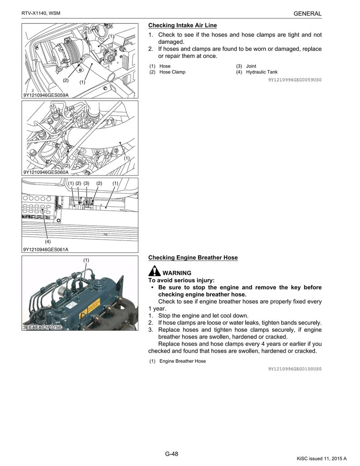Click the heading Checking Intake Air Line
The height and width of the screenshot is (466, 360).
[x=182, y=25]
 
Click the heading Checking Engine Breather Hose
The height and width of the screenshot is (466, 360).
[x=193, y=257]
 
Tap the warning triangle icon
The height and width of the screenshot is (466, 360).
[x=154, y=272]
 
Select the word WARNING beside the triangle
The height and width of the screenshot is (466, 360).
[x=177, y=273]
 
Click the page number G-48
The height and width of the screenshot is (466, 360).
[x=171, y=454]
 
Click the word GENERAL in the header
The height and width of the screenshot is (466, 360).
[x=307, y=14]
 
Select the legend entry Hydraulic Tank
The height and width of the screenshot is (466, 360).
[x=262, y=72]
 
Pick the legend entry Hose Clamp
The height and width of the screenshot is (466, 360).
[x=172, y=72]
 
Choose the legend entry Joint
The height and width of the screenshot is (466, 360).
[x=251, y=66]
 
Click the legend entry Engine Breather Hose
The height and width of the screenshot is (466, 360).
[x=182, y=361]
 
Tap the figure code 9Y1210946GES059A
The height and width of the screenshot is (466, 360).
[x=46, y=95]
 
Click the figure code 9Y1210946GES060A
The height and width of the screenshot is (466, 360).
[x=46, y=172]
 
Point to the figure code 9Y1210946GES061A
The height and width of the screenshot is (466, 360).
[x=46, y=249]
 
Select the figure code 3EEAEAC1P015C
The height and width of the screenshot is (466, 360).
[x=42, y=327]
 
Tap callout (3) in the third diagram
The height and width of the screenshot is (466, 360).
[x=87, y=183]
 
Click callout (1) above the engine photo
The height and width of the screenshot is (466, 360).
[x=86, y=260]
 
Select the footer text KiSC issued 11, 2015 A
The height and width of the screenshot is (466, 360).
[x=322, y=459]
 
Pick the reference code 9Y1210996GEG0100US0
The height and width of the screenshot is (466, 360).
[x=294, y=369]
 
